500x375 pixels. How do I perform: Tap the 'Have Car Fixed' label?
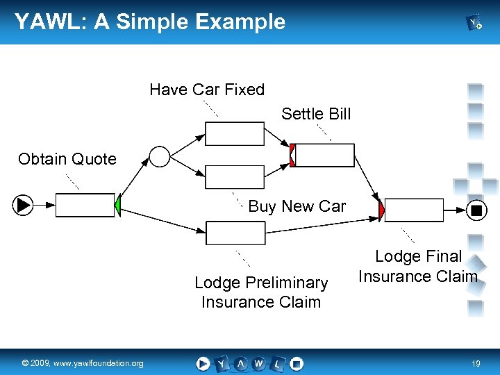click(x=207, y=90)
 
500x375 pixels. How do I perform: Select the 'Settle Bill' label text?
click(x=316, y=114)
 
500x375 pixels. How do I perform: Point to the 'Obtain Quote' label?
click(x=67, y=159)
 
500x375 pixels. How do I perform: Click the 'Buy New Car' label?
click(x=297, y=206)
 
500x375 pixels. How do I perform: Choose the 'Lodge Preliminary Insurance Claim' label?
click(x=261, y=292)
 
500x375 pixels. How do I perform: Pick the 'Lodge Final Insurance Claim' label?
click(x=418, y=267)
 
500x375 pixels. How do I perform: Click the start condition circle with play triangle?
click(x=23, y=205)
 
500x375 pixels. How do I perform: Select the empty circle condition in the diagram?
click(x=160, y=157)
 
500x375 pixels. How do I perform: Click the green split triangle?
click(x=117, y=205)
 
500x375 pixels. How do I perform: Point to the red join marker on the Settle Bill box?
click(x=293, y=156)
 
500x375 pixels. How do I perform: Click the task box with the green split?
click(x=85, y=205)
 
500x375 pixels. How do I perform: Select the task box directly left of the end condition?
click(x=414, y=209)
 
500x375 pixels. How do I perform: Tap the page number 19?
click(x=476, y=363)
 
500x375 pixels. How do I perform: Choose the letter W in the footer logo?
click(x=258, y=363)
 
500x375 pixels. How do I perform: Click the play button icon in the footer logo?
click(x=203, y=363)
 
